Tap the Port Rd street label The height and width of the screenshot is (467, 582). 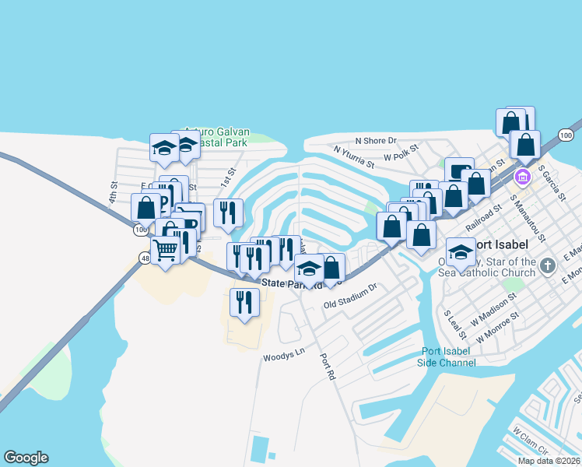click(327, 367)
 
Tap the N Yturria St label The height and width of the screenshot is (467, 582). click(354, 157)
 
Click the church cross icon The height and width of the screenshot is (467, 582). click(548, 266)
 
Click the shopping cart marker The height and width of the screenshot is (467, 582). click(165, 250)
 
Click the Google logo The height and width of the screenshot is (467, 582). click(26, 458)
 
